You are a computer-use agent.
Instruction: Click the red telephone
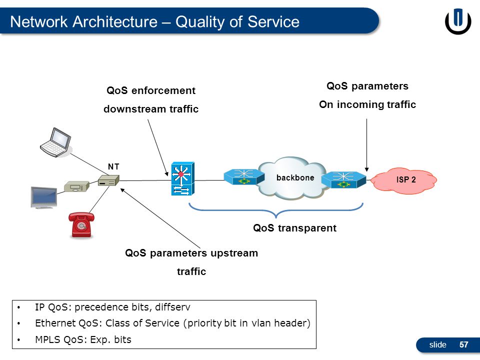[x=81, y=224]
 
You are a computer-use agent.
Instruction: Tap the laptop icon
[x=55, y=142]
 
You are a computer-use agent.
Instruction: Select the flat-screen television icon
[x=44, y=197]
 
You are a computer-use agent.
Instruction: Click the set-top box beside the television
[x=76, y=186]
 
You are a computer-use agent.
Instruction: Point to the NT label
[x=113, y=166]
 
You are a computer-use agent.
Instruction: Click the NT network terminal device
[x=108, y=180]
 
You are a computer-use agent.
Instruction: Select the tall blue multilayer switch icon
[x=182, y=179]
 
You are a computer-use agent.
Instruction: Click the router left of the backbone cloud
[x=244, y=177]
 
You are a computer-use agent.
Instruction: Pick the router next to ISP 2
[x=344, y=179]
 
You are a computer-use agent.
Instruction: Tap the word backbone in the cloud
[x=295, y=177]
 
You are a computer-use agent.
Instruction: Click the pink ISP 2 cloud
[x=404, y=180]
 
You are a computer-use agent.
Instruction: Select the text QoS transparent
[x=294, y=228]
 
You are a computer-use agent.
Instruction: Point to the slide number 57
[x=464, y=344]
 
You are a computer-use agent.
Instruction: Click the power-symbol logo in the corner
[x=458, y=21]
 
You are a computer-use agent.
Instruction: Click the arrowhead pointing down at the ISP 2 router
[x=366, y=169]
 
